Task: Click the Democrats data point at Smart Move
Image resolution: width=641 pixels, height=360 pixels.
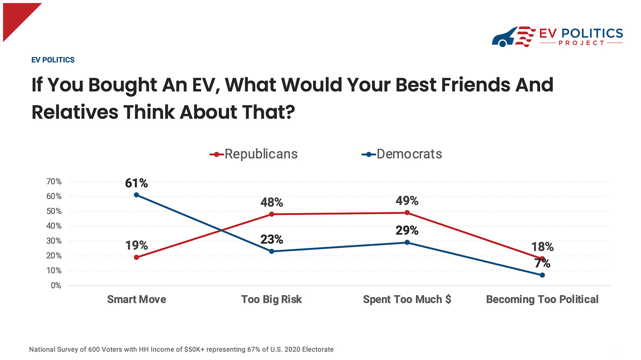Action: point(137,195)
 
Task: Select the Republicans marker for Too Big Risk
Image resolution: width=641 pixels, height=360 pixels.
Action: point(272,214)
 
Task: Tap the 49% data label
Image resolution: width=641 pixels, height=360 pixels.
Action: point(407,201)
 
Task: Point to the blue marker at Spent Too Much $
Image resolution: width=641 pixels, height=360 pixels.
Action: point(407,242)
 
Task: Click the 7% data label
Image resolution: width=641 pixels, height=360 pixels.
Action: point(542,263)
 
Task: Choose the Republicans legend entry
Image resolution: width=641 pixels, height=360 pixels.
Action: point(254,154)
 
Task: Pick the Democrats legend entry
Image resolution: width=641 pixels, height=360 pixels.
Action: point(402,154)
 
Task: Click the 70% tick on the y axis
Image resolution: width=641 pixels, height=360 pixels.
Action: point(54,182)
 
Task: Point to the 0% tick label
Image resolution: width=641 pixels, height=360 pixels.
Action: point(56,286)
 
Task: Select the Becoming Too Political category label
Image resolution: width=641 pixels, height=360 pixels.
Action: point(542,300)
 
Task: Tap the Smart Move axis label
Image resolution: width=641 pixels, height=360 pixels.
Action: point(137,300)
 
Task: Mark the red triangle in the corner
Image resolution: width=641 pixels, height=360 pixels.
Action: point(16,16)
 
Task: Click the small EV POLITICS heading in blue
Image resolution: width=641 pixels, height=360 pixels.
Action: point(53,60)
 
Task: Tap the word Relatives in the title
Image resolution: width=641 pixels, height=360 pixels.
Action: point(75,112)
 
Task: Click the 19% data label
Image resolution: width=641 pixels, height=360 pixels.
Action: point(137,245)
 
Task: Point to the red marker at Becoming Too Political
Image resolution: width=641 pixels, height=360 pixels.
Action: point(542,259)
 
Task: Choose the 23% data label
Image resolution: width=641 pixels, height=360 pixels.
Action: point(272,239)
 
